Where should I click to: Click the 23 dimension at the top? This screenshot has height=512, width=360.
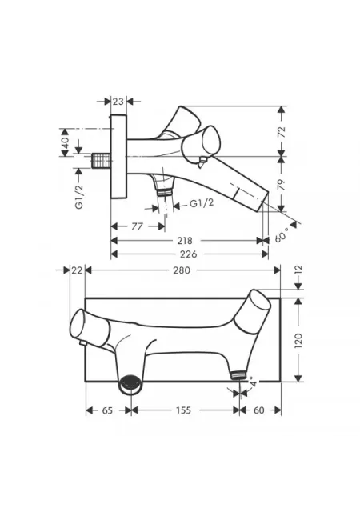coord(118,102)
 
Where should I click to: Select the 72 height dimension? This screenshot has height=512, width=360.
coord(282,131)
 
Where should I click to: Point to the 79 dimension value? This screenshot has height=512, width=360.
coord(282,185)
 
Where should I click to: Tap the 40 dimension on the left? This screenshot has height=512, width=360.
coord(65,142)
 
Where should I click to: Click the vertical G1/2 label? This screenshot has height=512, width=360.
coord(78,197)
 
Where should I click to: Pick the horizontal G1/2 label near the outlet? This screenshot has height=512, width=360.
coord(202,203)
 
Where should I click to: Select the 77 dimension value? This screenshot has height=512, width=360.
coord(138,226)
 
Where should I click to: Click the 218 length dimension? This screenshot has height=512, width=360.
coord(185,241)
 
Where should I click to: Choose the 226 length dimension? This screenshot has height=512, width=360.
coord(189,254)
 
